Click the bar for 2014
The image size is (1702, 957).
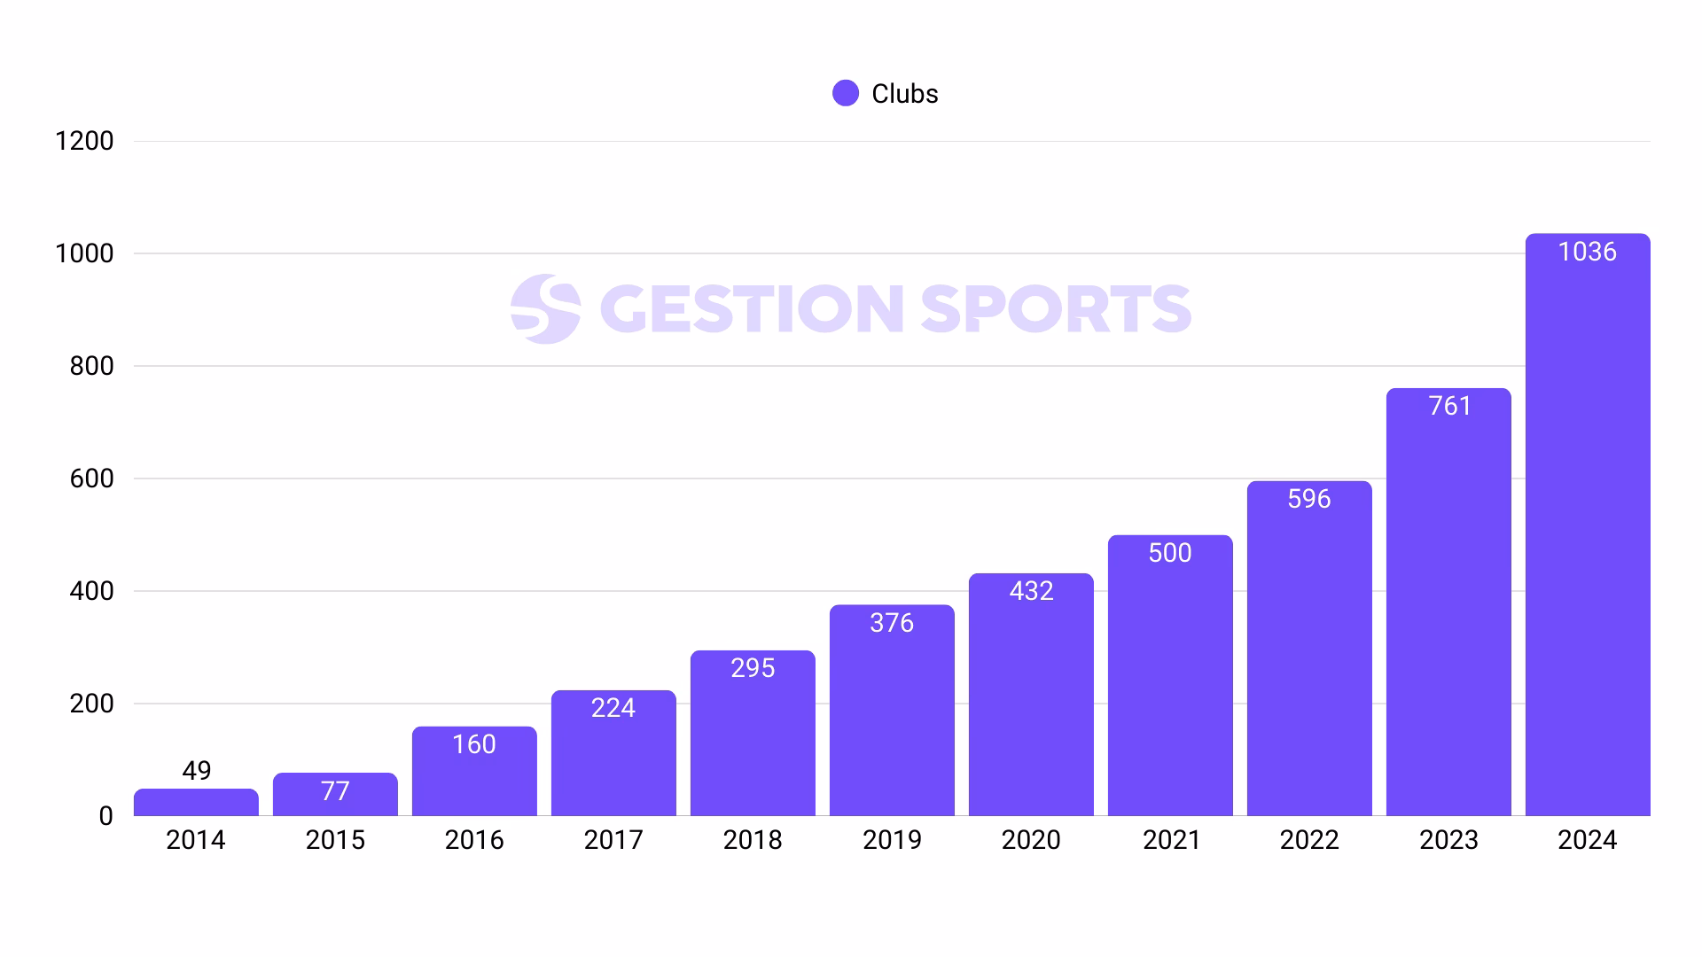coord(196,803)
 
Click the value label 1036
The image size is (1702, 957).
coord(1587,252)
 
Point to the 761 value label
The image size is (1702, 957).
coord(1449,406)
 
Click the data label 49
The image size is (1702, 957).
coord(196,771)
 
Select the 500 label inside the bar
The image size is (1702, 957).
coord(1169,553)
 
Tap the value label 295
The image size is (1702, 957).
coord(753,668)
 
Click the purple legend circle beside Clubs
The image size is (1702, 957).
coord(846,93)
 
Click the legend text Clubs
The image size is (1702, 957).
coord(904,94)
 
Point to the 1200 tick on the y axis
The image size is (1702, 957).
coord(84,141)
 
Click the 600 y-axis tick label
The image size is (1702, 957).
coord(91,478)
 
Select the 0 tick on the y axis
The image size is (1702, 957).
coord(105,816)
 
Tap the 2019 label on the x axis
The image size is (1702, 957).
coord(892,840)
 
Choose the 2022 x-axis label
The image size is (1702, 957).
coord(1309,840)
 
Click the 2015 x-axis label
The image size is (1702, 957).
coord(335,840)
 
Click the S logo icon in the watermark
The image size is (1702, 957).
coord(545,308)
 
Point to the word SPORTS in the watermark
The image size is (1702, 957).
coord(1055,308)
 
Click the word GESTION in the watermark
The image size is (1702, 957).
coord(752,308)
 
